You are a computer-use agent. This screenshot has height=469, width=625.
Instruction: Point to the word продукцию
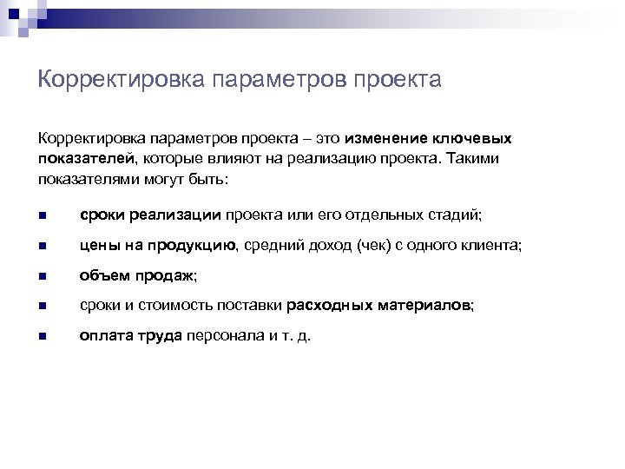coord(194,246)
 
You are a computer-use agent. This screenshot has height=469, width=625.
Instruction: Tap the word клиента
coord(491,246)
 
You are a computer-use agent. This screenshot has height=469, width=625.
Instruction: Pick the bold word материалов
coord(424,306)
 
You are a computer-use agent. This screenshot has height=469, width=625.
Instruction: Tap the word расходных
coord(330,306)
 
